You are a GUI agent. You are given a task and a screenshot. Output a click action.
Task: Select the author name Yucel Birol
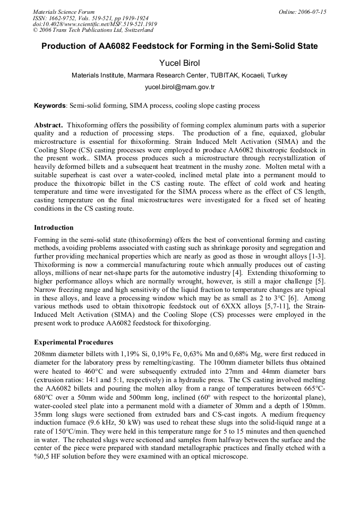(x=179, y=63)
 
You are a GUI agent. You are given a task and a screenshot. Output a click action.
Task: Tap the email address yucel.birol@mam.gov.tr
(x=179, y=87)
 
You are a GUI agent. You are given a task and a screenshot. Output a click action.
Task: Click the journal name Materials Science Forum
(x=64, y=12)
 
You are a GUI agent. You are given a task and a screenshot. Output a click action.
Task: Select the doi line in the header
(x=95, y=24)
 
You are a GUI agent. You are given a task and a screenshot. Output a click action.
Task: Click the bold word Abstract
(x=48, y=125)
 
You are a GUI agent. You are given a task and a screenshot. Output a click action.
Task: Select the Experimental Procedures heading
(x=73, y=342)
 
